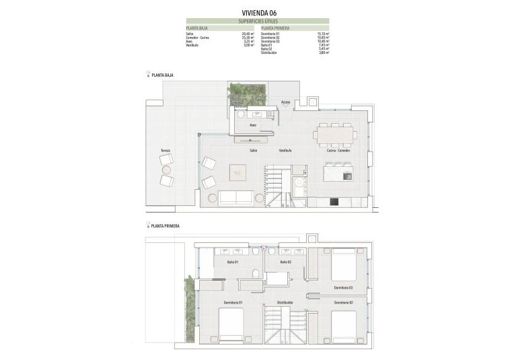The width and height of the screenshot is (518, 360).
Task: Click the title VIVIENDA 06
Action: click(258, 12)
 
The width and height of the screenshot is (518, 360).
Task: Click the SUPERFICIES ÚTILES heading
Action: click(258, 21)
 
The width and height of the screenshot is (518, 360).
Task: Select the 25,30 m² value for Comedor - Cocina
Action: click(248, 37)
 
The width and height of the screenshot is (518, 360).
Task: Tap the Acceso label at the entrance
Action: click(285, 102)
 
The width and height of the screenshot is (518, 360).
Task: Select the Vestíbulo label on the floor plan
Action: click(285, 151)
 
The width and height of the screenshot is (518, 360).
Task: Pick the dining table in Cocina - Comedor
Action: click(335, 134)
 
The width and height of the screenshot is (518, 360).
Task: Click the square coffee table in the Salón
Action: click(238, 172)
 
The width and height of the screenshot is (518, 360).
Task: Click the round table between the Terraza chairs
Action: click(165, 170)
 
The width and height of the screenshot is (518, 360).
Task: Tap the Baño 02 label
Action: click(285, 262)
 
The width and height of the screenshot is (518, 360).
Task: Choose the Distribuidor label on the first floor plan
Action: click(281, 303)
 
